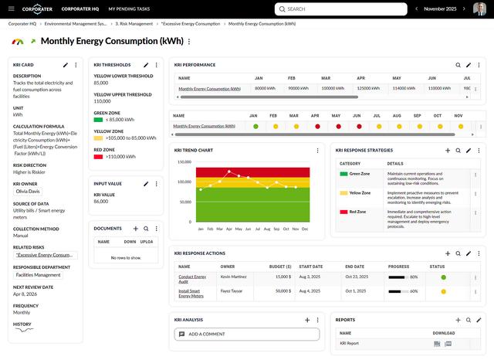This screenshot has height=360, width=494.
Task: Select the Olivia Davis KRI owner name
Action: [28, 191]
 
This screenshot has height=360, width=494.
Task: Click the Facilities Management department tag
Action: [38, 274]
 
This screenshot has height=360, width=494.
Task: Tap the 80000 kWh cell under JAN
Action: [266, 88]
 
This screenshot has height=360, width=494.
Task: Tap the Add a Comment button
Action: [246, 335]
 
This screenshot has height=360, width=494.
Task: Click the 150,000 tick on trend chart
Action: [184, 162]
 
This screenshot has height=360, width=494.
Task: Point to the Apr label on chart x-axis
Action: [228, 229]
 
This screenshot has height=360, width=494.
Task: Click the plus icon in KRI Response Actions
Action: [448, 253]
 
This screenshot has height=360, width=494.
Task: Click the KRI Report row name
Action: [349, 343]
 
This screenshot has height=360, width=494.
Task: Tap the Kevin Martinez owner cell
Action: [235, 276]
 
